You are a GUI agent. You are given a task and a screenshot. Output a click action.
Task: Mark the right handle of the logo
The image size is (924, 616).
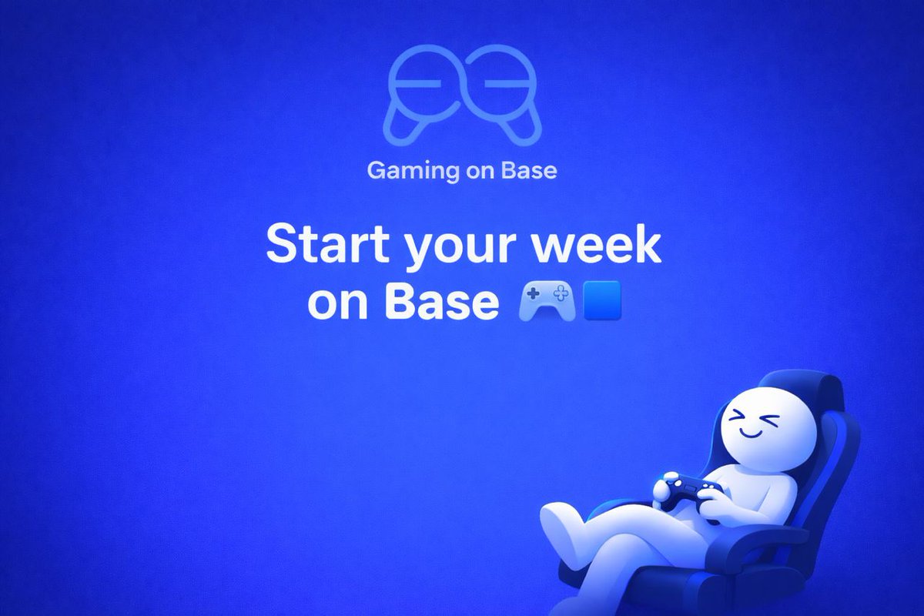(524, 127)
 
